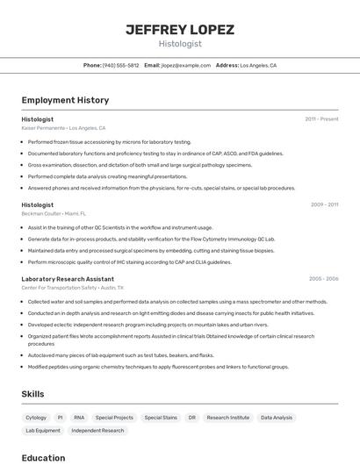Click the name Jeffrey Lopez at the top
(180, 29)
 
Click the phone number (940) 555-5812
(120, 65)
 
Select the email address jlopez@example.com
(185, 65)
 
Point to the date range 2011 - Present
(321, 118)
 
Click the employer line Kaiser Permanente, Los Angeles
(63, 127)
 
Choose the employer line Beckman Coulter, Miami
(54, 213)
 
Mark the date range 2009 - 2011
(324, 204)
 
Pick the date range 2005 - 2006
(323, 278)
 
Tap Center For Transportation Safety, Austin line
(72, 287)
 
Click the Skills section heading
(33, 394)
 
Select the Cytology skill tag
(36, 418)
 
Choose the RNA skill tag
(79, 418)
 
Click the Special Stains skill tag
(161, 418)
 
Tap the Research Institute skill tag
(228, 418)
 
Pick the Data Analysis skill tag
(277, 418)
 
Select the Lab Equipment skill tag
(43, 431)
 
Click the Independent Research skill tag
(97, 431)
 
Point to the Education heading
(43, 457)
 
